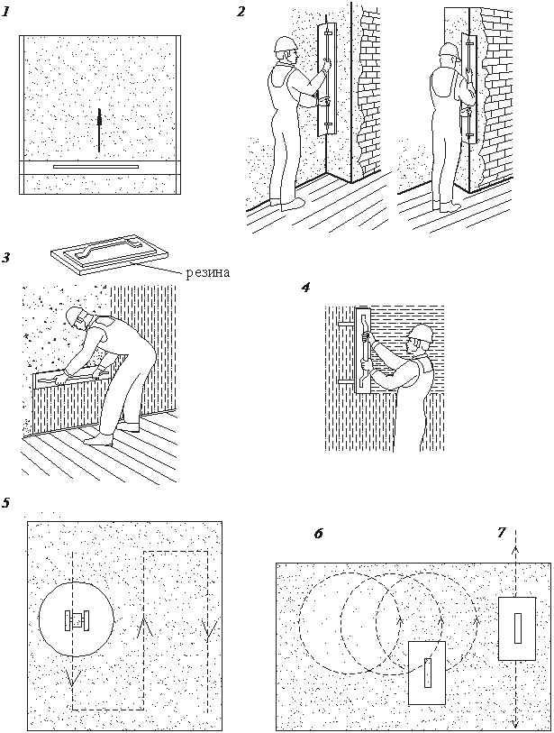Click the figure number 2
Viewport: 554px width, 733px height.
tap(241, 12)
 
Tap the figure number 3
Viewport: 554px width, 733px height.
tap(6, 258)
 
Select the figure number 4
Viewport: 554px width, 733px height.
tap(306, 288)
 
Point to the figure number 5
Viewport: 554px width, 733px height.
tap(6, 502)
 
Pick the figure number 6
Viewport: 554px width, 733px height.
tap(318, 534)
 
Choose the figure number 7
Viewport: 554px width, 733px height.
tap(501, 533)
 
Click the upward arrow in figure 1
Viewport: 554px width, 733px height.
tap(100, 127)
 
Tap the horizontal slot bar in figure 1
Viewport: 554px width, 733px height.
tap(95, 168)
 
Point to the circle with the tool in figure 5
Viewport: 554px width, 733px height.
tap(77, 620)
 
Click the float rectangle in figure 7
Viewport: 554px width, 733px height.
tap(517, 627)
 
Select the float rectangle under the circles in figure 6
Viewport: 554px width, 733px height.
tap(427, 672)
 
